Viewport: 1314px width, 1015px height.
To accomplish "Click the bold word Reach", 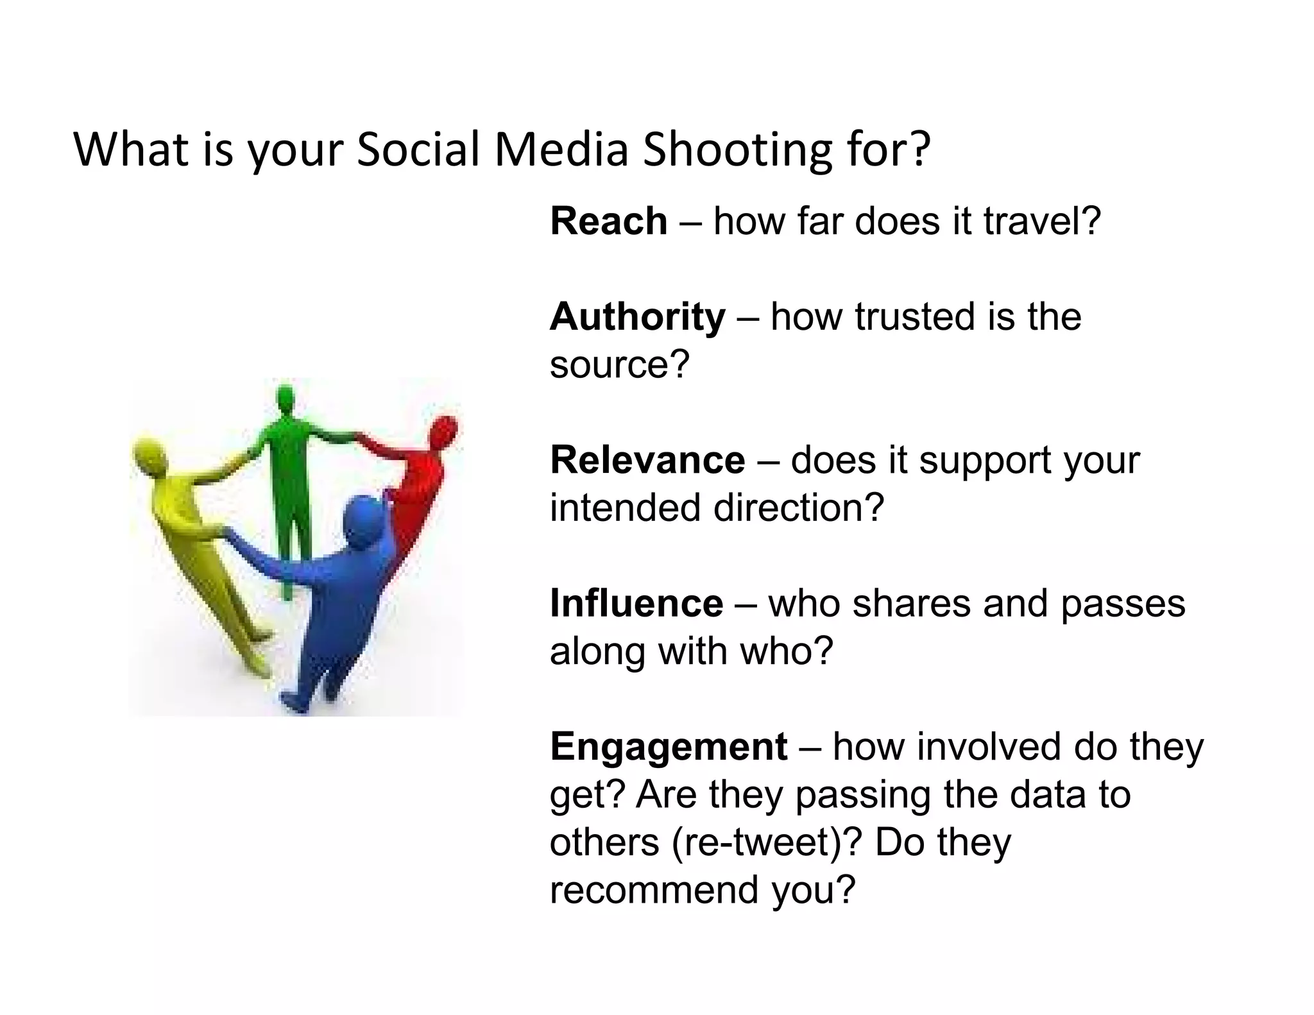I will click(608, 221).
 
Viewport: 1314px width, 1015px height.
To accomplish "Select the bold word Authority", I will click(637, 317).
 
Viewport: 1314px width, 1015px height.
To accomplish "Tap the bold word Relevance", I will click(647, 460).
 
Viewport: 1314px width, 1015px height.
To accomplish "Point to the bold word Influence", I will click(636, 604).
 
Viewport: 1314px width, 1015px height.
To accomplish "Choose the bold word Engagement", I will click(668, 747).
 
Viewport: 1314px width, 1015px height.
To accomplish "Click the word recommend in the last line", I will click(654, 890).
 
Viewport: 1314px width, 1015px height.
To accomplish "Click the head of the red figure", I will click(444, 431).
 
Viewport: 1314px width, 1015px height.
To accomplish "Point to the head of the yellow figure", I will click(149, 454).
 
